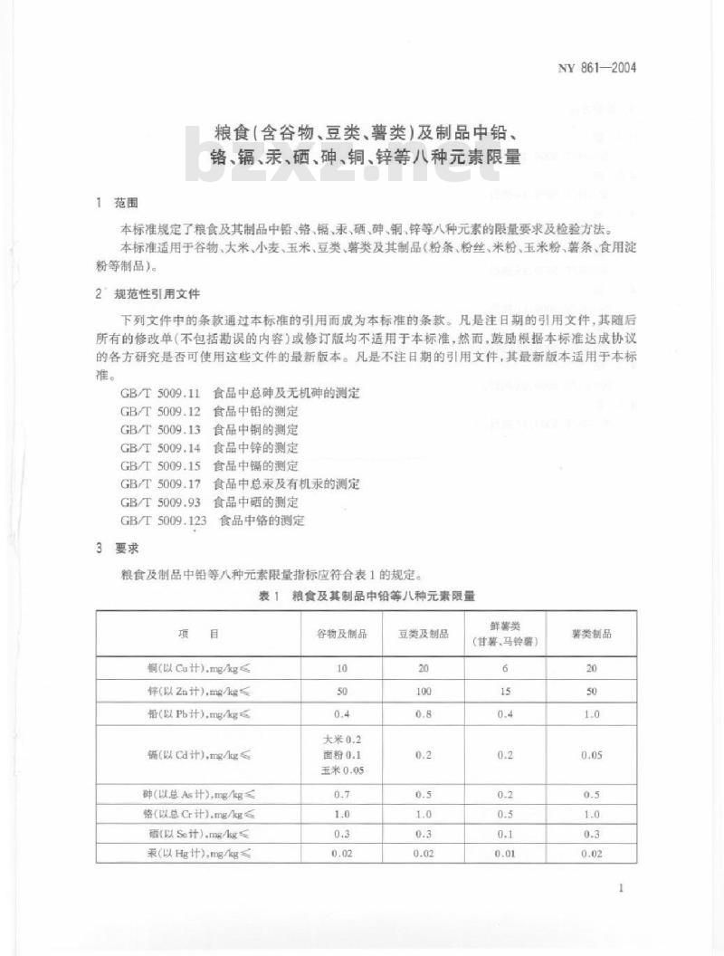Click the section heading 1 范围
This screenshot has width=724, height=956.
point(118,202)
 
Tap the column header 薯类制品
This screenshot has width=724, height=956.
point(591,635)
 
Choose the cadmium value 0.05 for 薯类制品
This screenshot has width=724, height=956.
point(591,754)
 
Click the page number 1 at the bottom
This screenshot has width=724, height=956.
point(620,888)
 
